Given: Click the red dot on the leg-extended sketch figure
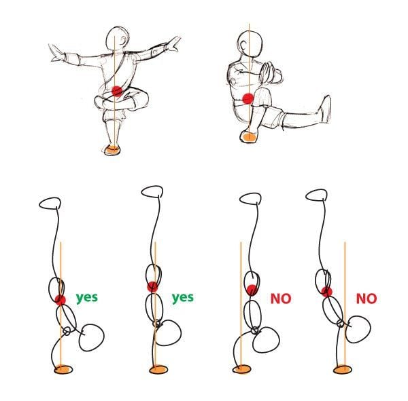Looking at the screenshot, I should (x=248, y=99).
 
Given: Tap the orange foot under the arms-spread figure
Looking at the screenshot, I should (x=113, y=149).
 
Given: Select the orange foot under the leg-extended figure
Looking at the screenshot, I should (x=249, y=138).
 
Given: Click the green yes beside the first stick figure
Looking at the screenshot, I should (x=86, y=297).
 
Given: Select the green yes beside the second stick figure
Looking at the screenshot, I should (x=182, y=297).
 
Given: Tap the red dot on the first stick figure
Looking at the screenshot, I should (x=61, y=300).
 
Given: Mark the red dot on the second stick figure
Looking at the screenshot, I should (x=152, y=286).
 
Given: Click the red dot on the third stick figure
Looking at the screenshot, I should (x=252, y=290).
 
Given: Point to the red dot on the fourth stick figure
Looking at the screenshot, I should (x=327, y=292).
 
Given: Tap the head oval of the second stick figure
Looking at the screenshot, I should (x=152, y=192).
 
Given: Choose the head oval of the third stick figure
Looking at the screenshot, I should (x=250, y=199).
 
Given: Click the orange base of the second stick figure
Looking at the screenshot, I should (x=158, y=369).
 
